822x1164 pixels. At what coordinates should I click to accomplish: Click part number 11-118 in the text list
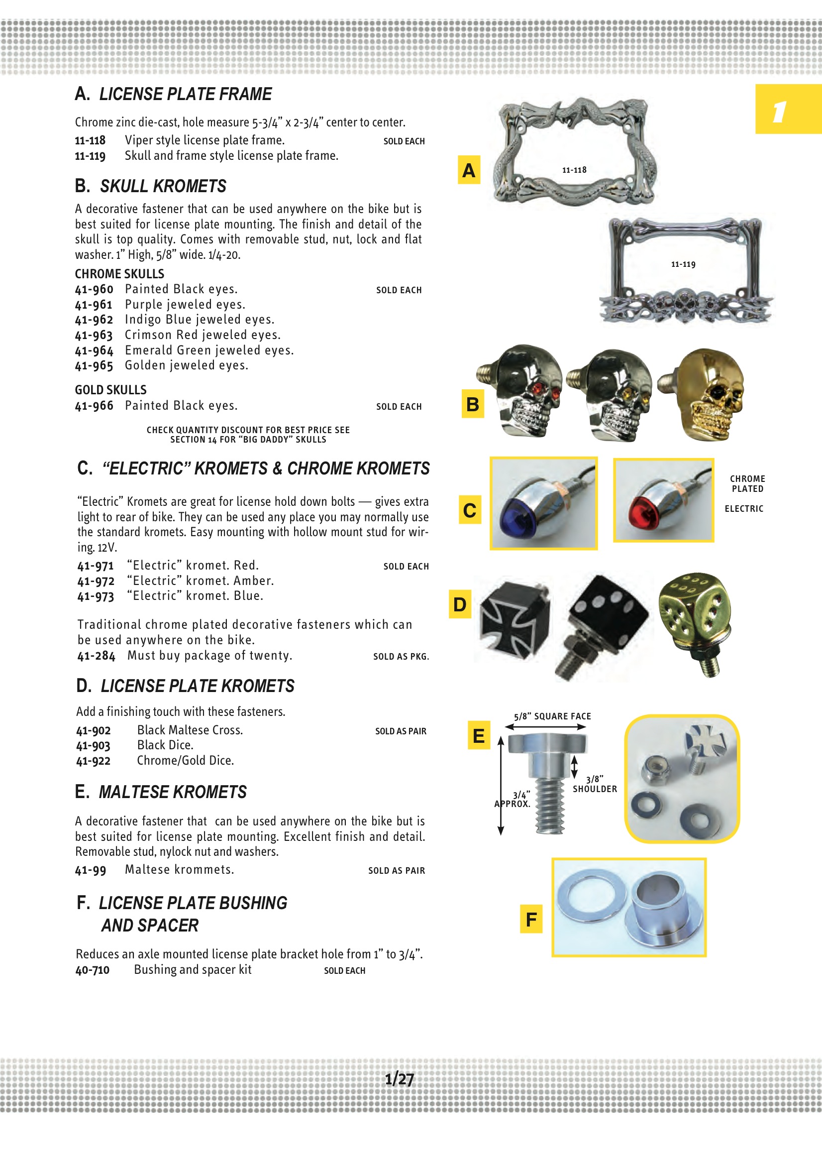point(90,140)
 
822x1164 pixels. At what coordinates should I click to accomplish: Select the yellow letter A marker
point(469,170)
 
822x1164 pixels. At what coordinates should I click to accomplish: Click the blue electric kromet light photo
point(543,503)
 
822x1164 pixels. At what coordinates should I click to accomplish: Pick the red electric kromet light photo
point(663,500)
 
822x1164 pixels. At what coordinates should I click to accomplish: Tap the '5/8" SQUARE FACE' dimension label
point(552,716)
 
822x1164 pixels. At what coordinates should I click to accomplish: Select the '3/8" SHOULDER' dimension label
point(595,784)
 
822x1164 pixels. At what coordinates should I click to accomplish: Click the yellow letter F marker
point(531,919)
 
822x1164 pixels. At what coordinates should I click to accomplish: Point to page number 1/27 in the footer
point(400,1078)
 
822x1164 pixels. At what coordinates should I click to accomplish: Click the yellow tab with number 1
point(788,110)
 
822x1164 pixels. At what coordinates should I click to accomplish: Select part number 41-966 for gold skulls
point(94,406)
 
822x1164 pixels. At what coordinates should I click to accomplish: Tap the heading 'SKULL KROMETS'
point(163,186)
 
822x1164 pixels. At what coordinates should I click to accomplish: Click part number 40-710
point(92,970)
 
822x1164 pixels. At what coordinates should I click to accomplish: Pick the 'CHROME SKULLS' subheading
point(119,274)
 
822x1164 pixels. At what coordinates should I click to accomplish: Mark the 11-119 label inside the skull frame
point(683,264)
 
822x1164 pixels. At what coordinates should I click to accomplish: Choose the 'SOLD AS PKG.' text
point(401,657)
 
